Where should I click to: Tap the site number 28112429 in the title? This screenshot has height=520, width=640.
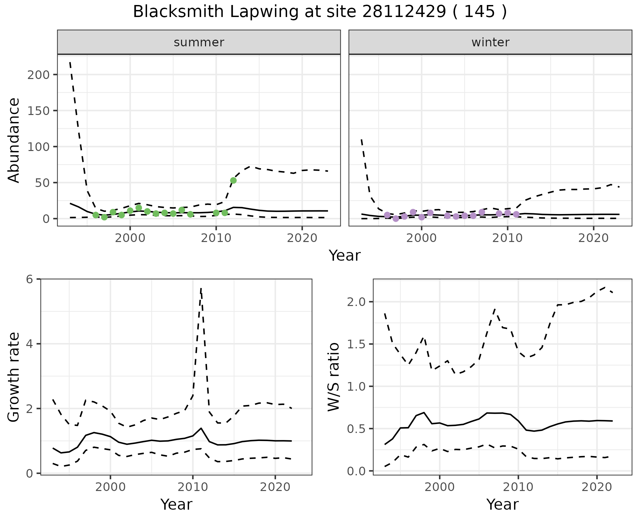[404, 12]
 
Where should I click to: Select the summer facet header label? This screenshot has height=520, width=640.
[199, 42]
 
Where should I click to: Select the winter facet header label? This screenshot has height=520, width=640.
[490, 42]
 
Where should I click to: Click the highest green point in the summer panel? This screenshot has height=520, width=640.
[233, 180]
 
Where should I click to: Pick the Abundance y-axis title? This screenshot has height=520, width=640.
[14, 140]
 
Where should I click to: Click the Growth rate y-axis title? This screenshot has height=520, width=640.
[14, 377]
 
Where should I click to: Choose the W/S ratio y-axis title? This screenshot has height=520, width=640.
[333, 377]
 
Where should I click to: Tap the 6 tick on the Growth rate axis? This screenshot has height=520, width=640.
[30, 279]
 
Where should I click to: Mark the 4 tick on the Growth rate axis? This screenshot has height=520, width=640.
[30, 344]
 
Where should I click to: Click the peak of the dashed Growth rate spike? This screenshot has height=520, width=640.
[201, 289]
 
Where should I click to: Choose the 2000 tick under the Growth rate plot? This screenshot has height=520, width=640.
[111, 487]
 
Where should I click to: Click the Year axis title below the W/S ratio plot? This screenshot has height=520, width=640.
[502, 504]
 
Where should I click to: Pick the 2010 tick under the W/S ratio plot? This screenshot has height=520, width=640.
[518, 487]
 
